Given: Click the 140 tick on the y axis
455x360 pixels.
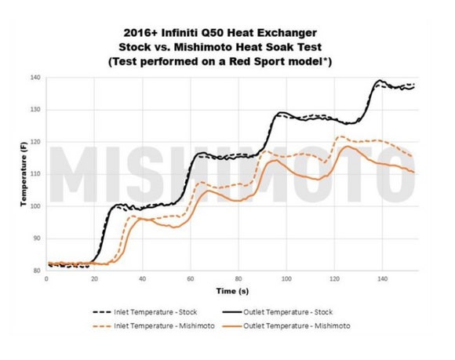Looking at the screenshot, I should click(37, 78).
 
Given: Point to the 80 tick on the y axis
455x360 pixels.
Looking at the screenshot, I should click(37, 271).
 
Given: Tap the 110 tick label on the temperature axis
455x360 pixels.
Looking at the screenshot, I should click(37, 174).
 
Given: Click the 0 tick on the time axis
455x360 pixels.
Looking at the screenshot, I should click(47, 279).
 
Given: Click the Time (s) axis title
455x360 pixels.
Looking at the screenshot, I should click(233, 291).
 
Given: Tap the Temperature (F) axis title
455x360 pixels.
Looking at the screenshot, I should click(24, 175).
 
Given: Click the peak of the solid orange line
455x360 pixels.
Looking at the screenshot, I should click(343, 147).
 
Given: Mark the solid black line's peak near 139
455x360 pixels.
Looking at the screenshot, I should click(380, 81).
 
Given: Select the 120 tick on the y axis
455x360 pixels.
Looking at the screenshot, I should click(37, 142).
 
